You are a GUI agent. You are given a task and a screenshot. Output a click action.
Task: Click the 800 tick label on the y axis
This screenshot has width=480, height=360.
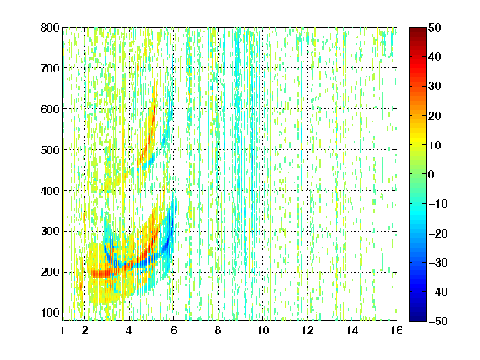50,27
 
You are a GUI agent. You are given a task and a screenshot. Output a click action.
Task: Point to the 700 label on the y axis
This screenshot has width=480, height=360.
50,68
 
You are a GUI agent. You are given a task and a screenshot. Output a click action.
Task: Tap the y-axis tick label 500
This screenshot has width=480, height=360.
50,150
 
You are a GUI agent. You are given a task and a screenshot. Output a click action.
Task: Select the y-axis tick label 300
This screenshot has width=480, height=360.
50,231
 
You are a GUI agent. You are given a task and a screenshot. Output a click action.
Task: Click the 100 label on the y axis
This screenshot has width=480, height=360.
50,312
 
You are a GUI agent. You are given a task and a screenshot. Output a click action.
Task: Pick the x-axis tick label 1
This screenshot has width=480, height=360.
62,330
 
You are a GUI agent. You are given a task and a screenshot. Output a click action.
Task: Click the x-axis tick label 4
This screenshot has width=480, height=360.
129,330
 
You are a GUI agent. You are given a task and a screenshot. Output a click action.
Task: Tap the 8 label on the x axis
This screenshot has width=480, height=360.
217,330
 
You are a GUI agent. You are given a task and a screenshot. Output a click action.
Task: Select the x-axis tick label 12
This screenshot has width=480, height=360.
307,330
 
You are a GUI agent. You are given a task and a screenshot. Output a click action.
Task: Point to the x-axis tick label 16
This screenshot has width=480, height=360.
397,330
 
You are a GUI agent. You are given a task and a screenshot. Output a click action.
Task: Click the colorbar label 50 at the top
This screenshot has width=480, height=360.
434,27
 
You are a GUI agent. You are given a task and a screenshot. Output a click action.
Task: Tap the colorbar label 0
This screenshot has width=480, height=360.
432,174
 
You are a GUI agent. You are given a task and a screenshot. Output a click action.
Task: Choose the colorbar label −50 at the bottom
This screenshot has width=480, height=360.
437,321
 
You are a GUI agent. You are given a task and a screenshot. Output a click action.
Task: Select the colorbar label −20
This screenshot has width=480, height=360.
437,233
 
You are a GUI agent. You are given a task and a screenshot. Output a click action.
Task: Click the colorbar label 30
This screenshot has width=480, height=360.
434,87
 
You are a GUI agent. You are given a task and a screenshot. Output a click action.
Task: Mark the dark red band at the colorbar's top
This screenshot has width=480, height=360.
417,33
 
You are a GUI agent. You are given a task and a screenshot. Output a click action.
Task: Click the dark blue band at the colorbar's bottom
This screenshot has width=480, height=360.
417,314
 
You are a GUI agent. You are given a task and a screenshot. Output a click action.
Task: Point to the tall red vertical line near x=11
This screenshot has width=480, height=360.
292,173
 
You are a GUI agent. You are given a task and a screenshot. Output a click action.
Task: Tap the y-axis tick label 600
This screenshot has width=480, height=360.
50,109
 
